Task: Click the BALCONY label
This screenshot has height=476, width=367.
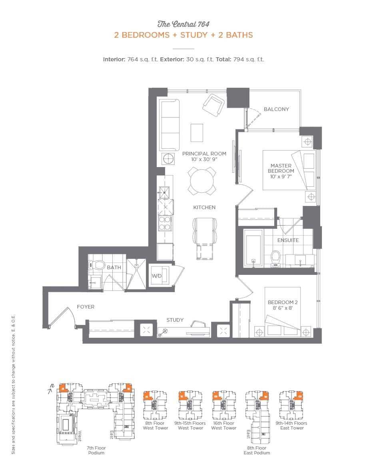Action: click(276, 109)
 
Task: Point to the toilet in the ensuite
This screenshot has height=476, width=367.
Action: click(275, 258)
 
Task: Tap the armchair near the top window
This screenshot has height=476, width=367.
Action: click(214, 105)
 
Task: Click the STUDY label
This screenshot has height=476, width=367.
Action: click(175, 320)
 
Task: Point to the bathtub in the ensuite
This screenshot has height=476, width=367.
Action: click(253, 248)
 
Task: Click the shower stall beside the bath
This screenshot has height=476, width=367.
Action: click(137, 274)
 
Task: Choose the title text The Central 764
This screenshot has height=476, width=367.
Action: click(183, 24)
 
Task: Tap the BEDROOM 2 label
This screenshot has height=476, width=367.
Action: click(283, 305)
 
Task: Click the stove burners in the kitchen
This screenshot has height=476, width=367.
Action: click(164, 223)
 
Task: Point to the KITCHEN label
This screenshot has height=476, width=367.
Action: click(204, 207)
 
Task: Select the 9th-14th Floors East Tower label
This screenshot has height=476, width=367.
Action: click(291, 426)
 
